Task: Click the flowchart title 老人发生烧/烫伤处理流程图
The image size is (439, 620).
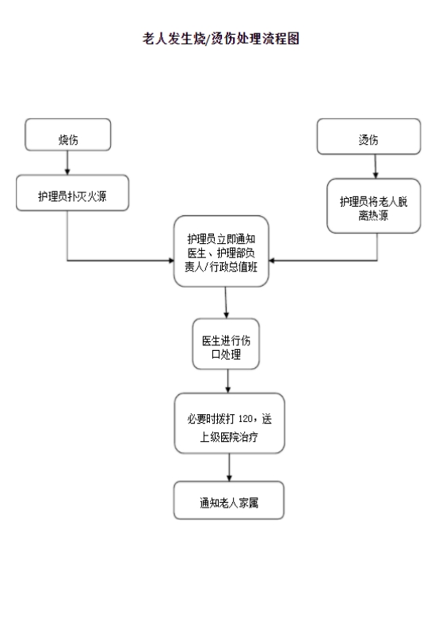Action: [x=220, y=39]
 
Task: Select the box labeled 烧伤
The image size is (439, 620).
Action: [x=67, y=135]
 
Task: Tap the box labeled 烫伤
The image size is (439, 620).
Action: [x=368, y=136]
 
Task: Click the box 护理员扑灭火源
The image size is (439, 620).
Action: [x=72, y=192]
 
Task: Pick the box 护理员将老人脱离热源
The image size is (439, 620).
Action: [x=374, y=206]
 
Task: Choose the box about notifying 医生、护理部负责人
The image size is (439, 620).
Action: [x=221, y=251]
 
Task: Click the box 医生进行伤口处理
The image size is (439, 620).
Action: [x=226, y=344]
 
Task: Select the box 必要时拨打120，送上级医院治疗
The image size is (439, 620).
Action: [x=230, y=423]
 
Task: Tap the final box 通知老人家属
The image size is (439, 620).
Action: [x=229, y=500]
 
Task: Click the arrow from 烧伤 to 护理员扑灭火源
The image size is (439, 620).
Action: [x=67, y=162]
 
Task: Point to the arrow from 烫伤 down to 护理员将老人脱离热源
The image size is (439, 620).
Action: [x=376, y=166]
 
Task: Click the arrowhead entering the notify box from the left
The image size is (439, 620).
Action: [x=171, y=261]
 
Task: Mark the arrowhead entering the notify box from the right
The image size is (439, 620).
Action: [x=272, y=261]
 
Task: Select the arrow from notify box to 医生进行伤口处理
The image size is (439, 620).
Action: [x=226, y=302]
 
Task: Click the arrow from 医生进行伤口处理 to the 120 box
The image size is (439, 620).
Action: [x=228, y=381]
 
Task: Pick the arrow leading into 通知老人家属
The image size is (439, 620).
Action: [x=229, y=467]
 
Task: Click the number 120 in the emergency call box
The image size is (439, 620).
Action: [x=246, y=419]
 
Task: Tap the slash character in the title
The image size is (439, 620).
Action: [x=208, y=39]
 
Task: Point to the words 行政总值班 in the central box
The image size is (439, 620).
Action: [x=234, y=267]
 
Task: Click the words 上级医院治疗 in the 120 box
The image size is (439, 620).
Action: [x=229, y=437]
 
